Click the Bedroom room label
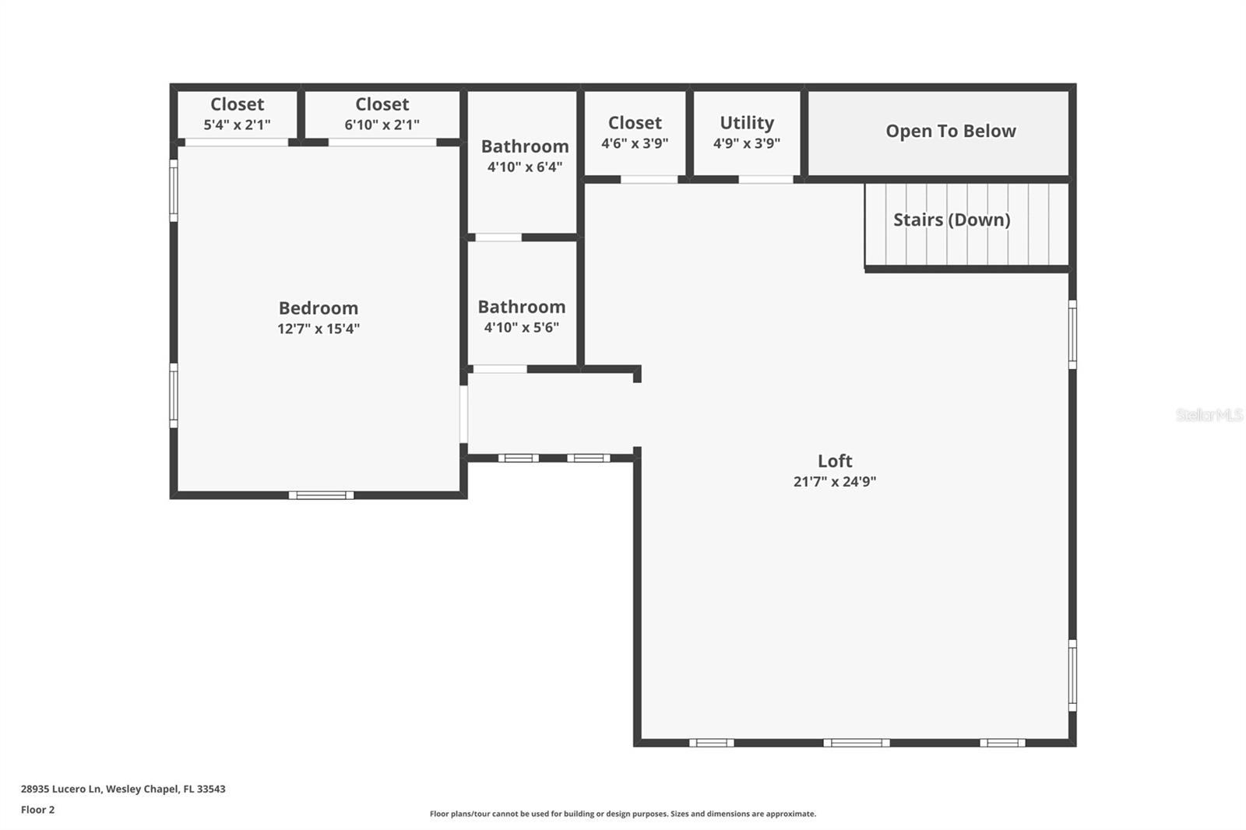[x=319, y=308]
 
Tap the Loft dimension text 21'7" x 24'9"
[x=834, y=481]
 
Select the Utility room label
[x=747, y=122]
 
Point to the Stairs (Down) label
[x=952, y=220]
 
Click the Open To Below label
[x=951, y=132]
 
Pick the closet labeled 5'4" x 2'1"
[x=237, y=114]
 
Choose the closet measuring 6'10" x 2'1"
[x=382, y=114]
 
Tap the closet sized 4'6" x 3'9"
[x=635, y=132]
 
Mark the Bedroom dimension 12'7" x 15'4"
[x=319, y=329]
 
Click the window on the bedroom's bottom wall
[x=321, y=495]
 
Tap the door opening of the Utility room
[x=766, y=179]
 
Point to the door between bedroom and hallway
[x=463, y=414]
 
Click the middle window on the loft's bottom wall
[x=856, y=743]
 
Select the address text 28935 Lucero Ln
[x=61, y=789]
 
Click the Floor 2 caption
[x=38, y=810]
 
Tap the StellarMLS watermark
[x=1209, y=414]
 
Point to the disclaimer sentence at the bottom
[x=623, y=814]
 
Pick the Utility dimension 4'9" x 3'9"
[x=747, y=143]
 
